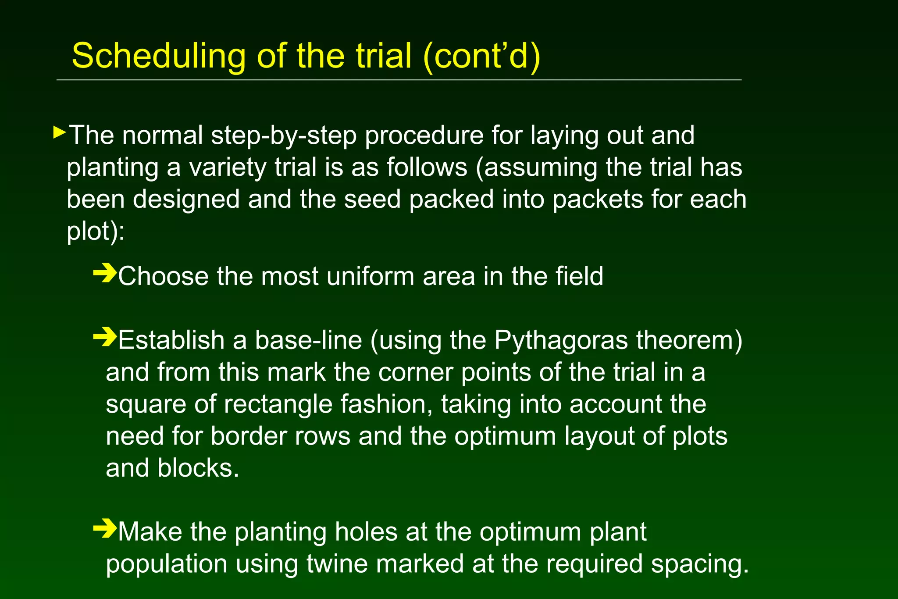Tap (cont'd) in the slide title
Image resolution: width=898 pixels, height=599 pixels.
482,56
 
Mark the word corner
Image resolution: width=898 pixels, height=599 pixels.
415,372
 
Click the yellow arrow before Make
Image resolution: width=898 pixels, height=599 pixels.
105,528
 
